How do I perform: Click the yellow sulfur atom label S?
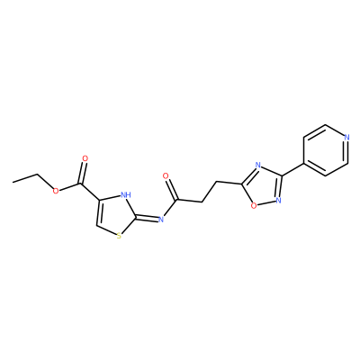pyautogui.click(x=119, y=236)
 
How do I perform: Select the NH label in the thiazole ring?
pyautogui.click(x=126, y=194)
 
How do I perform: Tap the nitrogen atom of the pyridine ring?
pyautogui.click(x=346, y=138)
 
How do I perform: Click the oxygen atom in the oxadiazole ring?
pyautogui.click(x=254, y=205)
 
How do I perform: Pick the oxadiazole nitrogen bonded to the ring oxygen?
pyautogui.click(x=278, y=200)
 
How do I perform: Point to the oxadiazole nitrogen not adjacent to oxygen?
pyautogui.click(x=257, y=165)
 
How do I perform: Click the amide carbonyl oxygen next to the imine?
pyautogui.click(x=165, y=176)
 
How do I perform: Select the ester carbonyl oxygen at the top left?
pyautogui.click(x=85, y=158)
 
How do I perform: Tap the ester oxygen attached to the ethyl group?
pyautogui.click(x=55, y=191)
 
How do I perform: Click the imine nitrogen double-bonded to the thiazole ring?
pyautogui.click(x=161, y=220)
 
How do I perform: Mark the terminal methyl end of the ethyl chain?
pyautogui.click(x=13, y=182)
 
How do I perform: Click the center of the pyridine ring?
pyautogui.click(x=326, y=150)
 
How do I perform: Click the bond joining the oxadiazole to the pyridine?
pyautogui.click(x=292, y=170)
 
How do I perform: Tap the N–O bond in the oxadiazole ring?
pyautogui.click(x=266, y=202)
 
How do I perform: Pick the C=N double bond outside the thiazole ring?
pyautogui.click(x=148, y=219)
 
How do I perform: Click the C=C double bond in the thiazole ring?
pyautogui.click(x=97, y=212)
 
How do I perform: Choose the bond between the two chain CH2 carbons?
pyautogui.click(x=210, y=192)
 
